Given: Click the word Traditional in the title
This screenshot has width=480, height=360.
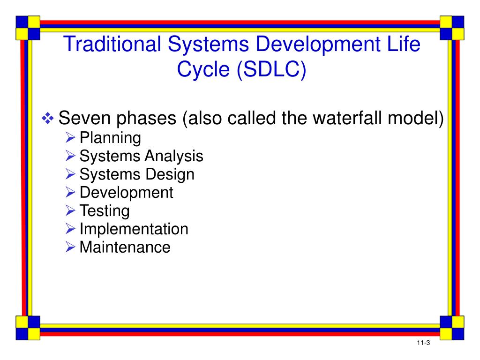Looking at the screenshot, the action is tap(112, 44).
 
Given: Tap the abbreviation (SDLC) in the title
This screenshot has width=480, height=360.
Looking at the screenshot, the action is tap(271, 69).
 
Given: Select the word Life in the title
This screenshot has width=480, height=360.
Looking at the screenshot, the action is tap(404, 44).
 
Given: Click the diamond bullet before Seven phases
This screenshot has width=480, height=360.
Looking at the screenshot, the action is tap(48, 118).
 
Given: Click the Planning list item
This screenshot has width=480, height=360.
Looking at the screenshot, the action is tap(110, 138).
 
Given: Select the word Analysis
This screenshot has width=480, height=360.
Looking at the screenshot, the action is tap(176, 156).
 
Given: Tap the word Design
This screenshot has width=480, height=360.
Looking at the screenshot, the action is tap(170, 174).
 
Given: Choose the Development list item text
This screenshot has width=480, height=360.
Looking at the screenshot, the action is tap(127, 193).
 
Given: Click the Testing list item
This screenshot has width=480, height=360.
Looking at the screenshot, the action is tap(105, 211).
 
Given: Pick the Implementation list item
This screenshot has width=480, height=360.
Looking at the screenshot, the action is tap(134, 229).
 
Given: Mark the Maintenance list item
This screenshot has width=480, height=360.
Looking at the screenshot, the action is tap(125, 247).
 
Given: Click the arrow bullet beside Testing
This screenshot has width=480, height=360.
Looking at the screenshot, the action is tap(70, 210).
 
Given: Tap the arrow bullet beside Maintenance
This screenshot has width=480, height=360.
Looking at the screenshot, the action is tap(70, 247).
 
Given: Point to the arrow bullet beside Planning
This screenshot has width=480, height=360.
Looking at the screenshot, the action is tap(70, 137).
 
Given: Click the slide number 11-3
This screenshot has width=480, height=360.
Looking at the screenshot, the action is tap(423, 343).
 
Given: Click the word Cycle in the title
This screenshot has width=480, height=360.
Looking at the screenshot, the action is tap(203, 69).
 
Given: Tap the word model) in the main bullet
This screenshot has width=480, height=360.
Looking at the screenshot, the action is tap(415, 118).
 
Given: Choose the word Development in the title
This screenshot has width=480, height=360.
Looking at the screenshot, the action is tap(318, 45).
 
